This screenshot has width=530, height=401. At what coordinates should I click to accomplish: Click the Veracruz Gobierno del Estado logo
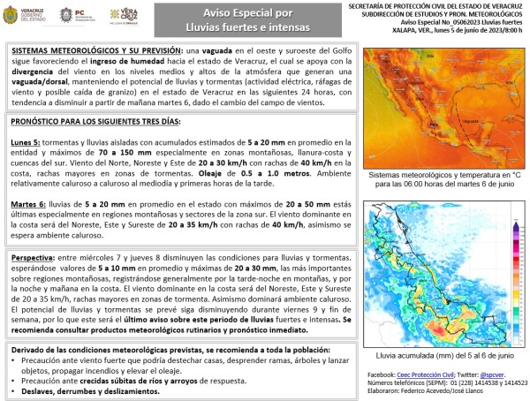pos(26,15)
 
